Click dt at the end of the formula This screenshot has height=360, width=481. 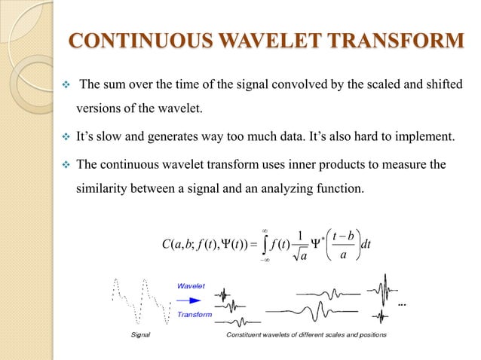pos(381,246)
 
